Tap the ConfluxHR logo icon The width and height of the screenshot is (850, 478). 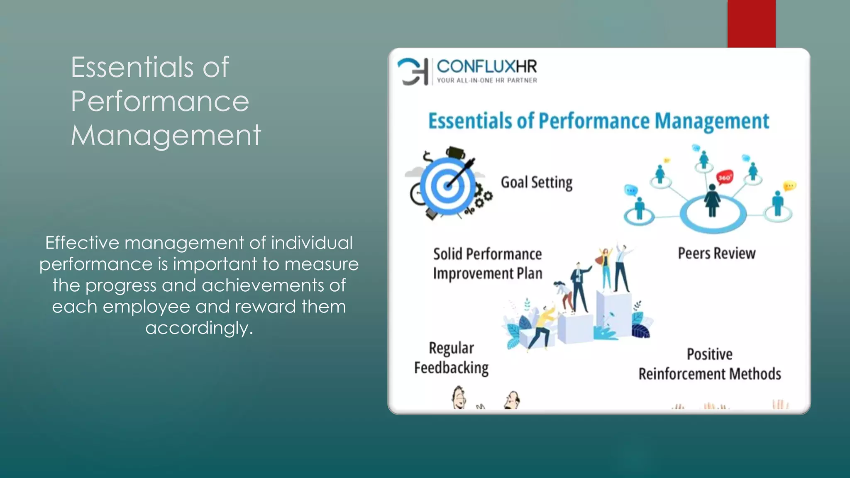(x=413, y=71)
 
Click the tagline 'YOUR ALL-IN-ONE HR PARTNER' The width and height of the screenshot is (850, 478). (x=486, y=80)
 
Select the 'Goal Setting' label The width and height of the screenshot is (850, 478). (x=536, y=183)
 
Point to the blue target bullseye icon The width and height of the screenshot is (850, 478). (x=448, y=185)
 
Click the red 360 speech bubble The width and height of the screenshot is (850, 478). (x=724, y=178)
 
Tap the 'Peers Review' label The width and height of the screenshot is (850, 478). (x=716, y=253)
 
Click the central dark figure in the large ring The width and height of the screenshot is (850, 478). (x=712, y=201)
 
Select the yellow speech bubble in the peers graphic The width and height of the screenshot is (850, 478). (x=789, y=185)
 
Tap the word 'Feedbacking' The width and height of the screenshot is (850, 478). (x=451, y=368)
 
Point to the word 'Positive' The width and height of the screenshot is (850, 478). (x=709, y=354)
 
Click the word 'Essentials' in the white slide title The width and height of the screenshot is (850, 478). (x=132, y=67)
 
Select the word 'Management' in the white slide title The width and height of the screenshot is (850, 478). (x=166, y=136)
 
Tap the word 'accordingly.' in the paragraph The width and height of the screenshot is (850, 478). (x=199, y=328)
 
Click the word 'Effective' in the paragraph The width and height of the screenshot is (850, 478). (x=82, y=243)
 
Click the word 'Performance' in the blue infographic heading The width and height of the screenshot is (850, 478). (x=594, y=121)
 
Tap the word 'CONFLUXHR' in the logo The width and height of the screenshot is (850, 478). (x=486, y=66)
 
